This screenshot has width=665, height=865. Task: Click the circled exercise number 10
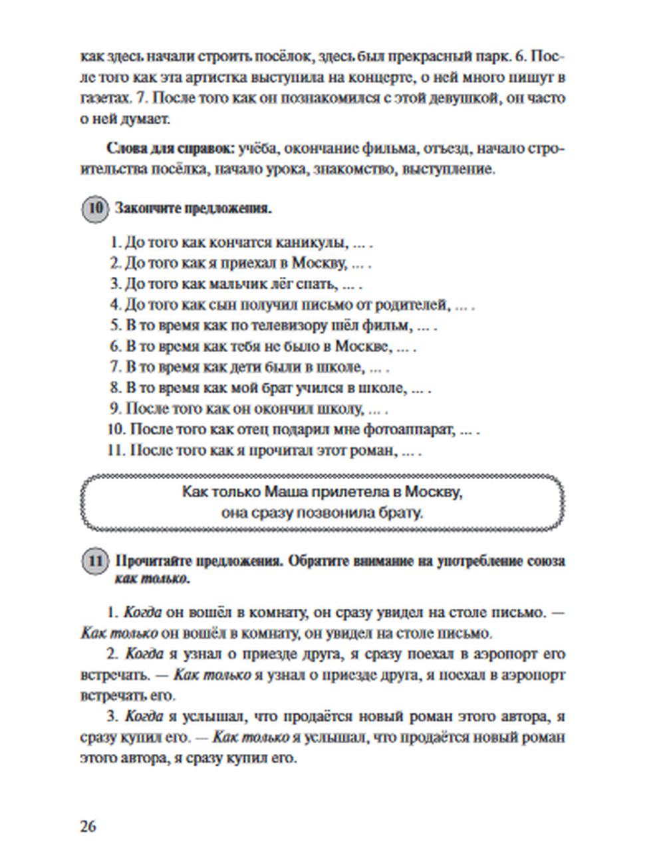[x=95, y=208]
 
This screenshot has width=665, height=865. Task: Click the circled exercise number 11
[x=95, y=561]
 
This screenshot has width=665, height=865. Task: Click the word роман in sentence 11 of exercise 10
[x=371, y=450]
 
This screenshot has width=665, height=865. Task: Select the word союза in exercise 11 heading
[x=545, y=561]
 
